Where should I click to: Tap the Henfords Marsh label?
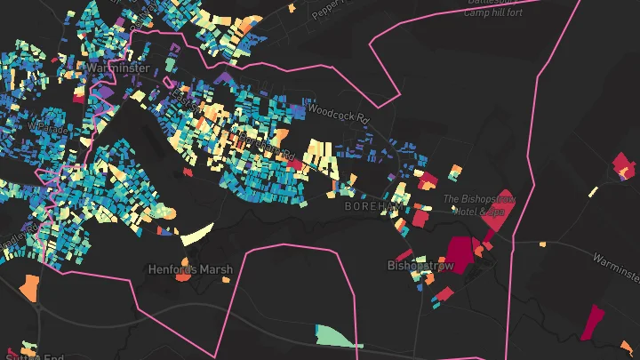pyautogui.click(x=190, y=268)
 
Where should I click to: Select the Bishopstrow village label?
pyautogui.click(x=420, y=266)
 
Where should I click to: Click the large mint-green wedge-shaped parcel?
pyautogui.click(x=339, y=336)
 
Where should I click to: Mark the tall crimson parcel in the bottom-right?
pyautogui.click(x=592, y=322)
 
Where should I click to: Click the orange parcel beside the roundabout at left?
pyautogui.click(x=29, y=286)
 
